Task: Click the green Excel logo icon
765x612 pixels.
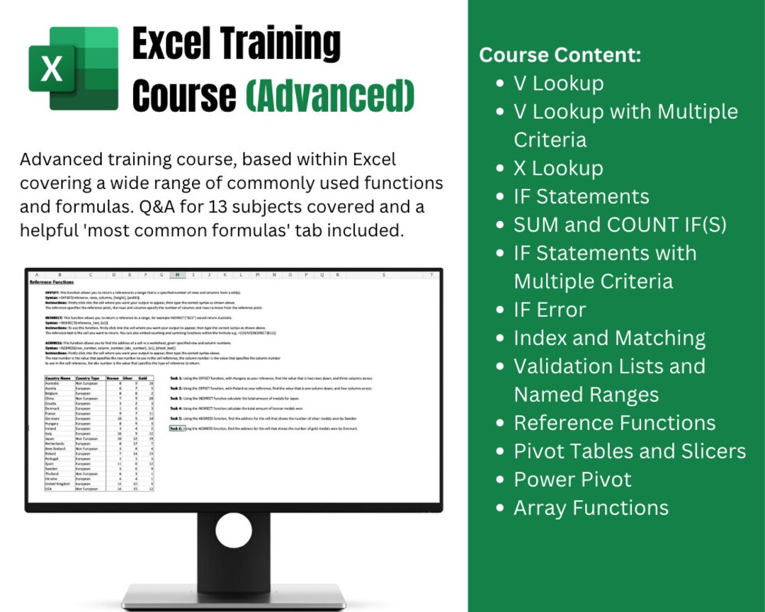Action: [73, 68]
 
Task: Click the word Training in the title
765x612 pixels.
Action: [288, 45]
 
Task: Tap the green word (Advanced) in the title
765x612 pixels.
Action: [330, 96]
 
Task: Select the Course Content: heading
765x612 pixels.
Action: [560, 55]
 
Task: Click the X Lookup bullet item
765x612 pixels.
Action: [558, 168]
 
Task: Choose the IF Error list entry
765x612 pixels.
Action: [550, 310]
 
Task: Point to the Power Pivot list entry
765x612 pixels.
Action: [572, 480]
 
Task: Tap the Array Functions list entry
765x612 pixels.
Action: [591, 508]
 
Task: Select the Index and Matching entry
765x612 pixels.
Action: [609, 338]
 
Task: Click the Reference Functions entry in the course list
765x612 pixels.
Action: [614, 423]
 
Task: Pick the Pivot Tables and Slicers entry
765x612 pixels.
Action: [630, 451]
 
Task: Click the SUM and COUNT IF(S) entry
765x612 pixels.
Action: [620, 225]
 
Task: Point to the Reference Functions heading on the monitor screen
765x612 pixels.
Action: [52, 282]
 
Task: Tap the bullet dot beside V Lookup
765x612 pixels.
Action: [500, 84]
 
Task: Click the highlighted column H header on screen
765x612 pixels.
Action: [177, 274]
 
